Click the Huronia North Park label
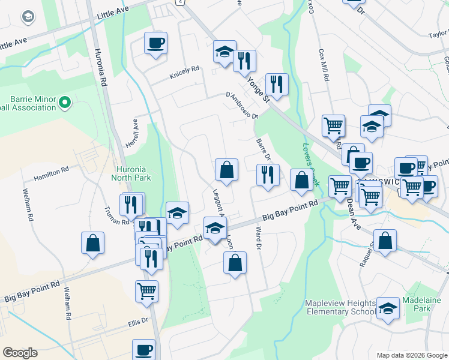[131, 173]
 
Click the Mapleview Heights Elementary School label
[340, 307]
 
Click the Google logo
[19, 353]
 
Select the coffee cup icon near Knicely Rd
[155, 43]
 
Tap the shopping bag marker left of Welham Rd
[92, 243]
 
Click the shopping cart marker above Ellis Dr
[146, 292]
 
